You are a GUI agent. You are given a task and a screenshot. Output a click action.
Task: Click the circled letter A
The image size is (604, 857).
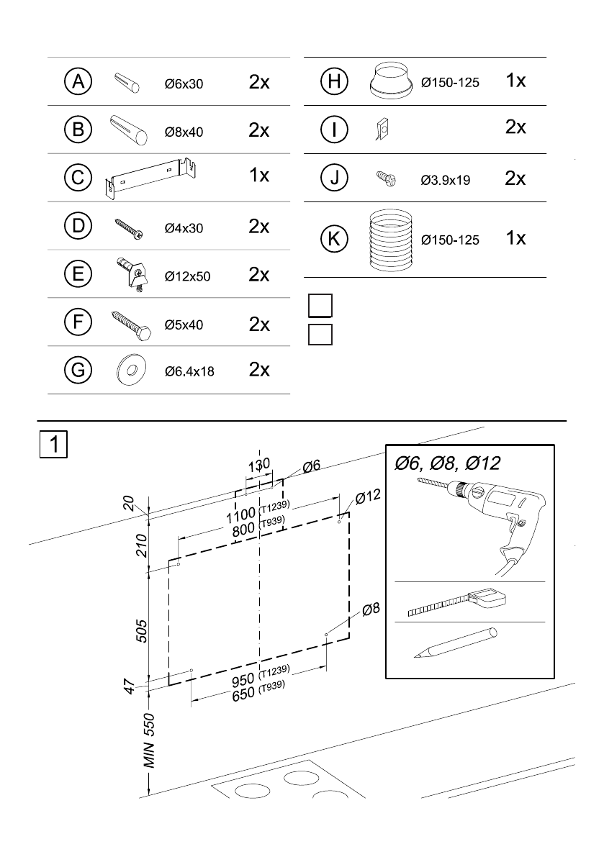pos(78,81)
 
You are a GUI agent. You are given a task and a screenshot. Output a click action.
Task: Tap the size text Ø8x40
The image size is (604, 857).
pos(184,132)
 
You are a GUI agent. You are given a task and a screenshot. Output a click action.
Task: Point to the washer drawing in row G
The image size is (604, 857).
pos(131,371)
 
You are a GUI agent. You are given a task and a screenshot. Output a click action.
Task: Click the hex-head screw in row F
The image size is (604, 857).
pos(131,326)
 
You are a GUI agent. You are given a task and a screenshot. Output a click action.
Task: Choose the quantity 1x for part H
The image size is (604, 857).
pos(516,81)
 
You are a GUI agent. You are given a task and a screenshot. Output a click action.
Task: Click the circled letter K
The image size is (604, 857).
pos(334,239)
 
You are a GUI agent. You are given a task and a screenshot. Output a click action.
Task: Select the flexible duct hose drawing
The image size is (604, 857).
pos(389,240)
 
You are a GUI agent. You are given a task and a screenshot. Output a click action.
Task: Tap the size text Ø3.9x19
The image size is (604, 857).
pos(446,181)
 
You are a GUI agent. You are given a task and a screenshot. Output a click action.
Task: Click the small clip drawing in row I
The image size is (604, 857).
pos(382,130)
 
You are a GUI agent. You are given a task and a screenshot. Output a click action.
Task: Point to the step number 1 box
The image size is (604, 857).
pos(53,445)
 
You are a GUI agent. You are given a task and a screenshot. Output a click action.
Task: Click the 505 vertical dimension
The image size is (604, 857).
pos(141,631)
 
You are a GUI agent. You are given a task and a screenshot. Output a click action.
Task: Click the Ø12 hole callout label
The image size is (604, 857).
pos(368,496)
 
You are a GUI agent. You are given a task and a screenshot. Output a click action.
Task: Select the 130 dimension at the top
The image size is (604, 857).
pos(259,465)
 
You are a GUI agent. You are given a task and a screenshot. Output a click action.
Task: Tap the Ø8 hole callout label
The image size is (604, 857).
pos(371,609)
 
